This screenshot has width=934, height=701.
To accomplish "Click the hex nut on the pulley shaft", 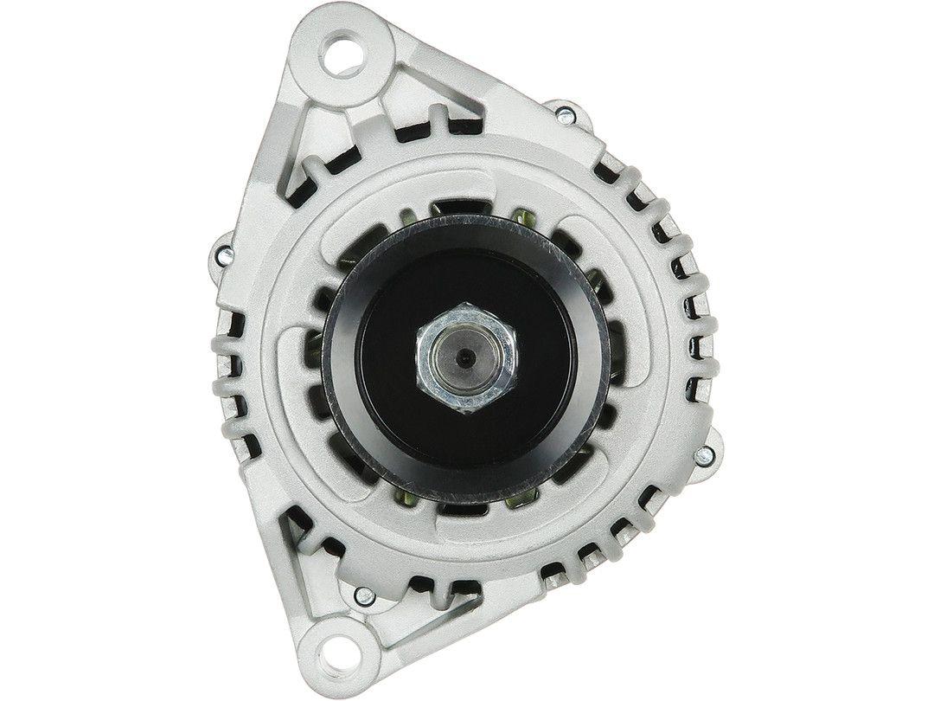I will (x=468, y=357).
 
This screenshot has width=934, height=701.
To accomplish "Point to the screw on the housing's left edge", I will (x=224, y=254).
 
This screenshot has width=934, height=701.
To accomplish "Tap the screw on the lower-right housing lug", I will (x=707, y=453).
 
